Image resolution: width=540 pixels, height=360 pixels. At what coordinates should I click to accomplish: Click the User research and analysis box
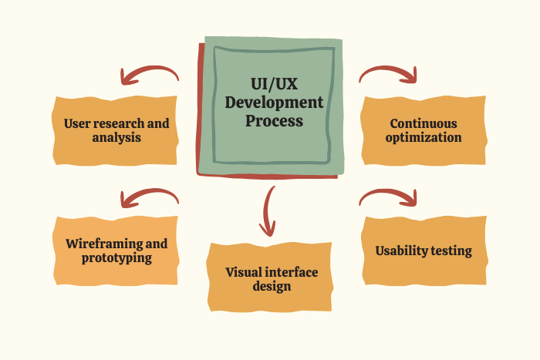(116, 130)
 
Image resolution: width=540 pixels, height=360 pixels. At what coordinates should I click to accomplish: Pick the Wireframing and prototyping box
(116, 251)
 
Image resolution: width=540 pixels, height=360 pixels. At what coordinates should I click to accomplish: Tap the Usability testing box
(424, 251)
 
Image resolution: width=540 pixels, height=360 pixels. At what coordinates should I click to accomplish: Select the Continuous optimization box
(424, 130)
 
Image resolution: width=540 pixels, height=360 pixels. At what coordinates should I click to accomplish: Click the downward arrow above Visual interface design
(268, 210)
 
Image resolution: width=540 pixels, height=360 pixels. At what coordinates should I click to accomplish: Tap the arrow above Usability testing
(388, 197)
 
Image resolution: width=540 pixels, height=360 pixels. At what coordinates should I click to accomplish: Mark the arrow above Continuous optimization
(388, 74)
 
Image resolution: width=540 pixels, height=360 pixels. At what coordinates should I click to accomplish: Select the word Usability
(400, 251)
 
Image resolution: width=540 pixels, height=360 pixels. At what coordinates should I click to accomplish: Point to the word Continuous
(424, 123)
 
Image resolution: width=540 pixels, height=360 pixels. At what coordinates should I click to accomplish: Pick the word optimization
(424, 138)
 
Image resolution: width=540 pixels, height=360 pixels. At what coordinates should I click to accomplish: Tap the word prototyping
(116, 258)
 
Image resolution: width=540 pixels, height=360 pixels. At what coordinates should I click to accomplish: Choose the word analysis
(116, 138)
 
